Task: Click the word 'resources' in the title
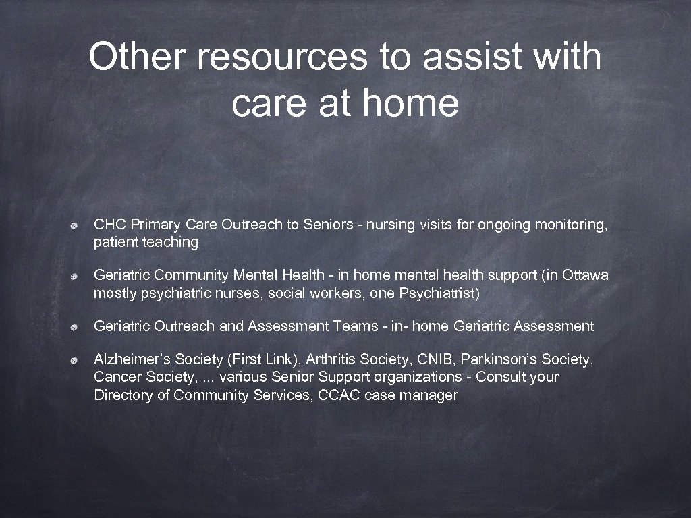[282, 57]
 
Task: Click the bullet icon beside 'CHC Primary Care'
[78, 225]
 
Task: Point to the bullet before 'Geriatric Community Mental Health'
[78, 277]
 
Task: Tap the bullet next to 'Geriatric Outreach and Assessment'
[78, 327]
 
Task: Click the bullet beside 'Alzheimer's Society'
[78, 360]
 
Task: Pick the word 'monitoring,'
[571, 225]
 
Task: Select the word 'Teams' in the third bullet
[354, 326]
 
